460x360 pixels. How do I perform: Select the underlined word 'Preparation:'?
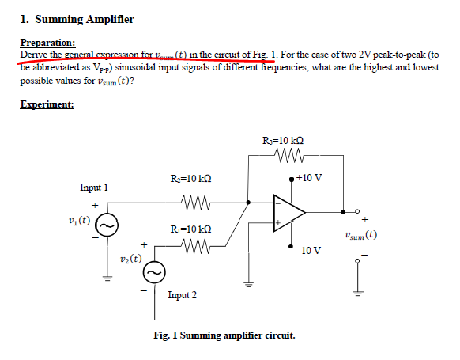(48, 43)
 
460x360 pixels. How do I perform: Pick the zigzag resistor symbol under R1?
(194, 248)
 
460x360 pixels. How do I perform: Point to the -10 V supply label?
(309, 251)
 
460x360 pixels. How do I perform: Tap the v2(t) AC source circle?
(153, 272)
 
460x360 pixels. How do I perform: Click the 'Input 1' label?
(94, 188)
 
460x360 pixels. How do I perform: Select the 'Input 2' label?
(182, 295)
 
